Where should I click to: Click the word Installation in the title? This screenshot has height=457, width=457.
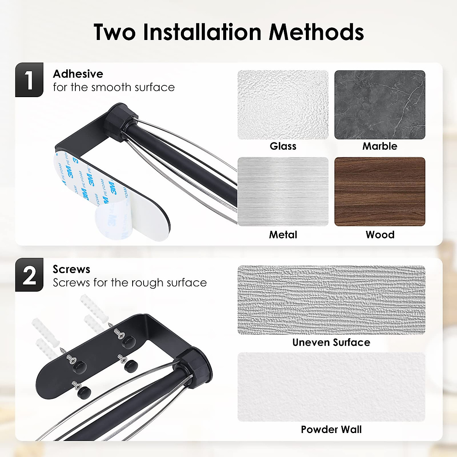click(x=202, y=32)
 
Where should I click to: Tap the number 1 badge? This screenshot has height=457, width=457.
click(x=29, y=80)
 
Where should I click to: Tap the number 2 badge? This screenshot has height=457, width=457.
click(x=29, y=275)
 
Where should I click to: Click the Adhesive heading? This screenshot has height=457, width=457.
click(x=78, y=74)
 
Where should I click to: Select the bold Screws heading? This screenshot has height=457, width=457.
click(x=71, y=269)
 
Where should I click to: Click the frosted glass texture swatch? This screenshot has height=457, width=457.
click(x=283, y=105)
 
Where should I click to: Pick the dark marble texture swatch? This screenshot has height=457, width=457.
click(x=380, y=105)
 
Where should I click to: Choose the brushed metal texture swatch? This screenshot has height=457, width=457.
click(x=283, y=192)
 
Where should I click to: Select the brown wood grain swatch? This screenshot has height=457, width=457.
click(x=380, y=192)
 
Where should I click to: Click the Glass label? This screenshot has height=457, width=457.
click(x=283, y=146)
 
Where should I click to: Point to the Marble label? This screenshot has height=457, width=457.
click(x=380, y=146)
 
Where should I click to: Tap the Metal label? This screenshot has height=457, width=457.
click(x=283, y=235)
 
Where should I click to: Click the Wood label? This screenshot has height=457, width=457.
click(x=380, y=235)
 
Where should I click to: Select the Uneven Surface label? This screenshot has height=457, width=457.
click(x=331, y=342)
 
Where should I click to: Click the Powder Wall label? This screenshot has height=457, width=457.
click(x=331, y=430)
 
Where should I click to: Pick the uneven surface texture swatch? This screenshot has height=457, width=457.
click(x=331, y=300)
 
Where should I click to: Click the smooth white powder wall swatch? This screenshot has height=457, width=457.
click(x=331, y=387)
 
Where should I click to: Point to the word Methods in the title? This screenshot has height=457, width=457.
click(x=316, y=32)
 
